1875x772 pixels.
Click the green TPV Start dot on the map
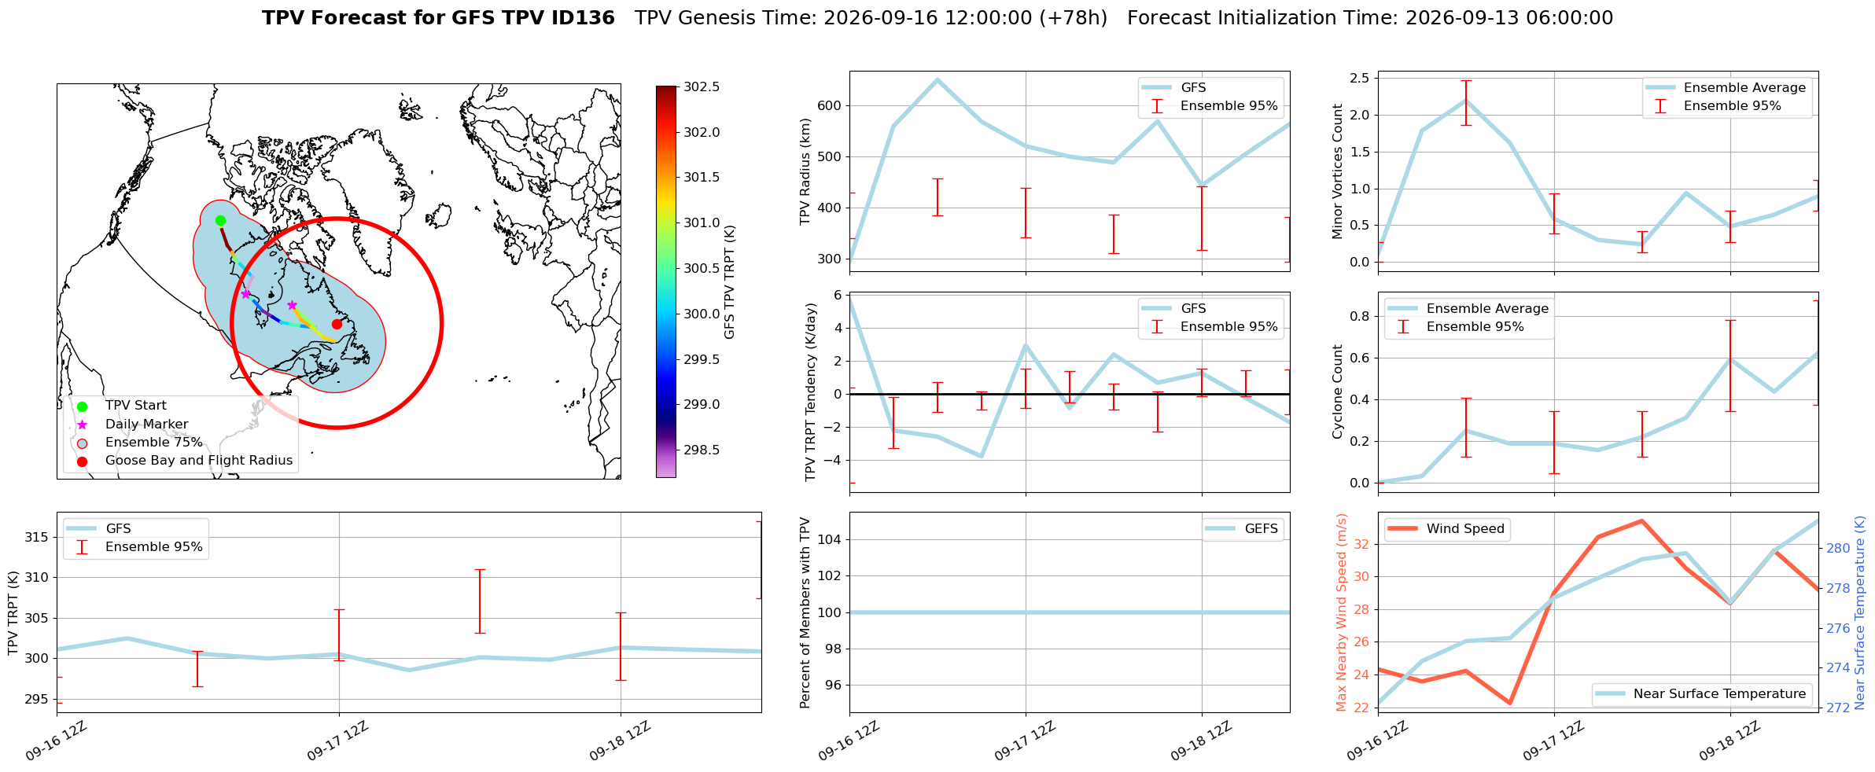pyautogui.click(x=220, y=220)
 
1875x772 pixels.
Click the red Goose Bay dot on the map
pyautogui.click(x=337, y=324)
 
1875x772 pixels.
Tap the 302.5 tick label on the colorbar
pyautogui.click(x=702, y=86)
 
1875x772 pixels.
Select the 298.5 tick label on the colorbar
pyautogui.click(x=702, y=450)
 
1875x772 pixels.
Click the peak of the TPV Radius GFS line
pyautogui.click(x=937, y=79)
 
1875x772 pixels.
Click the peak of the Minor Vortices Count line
pyautogui.click(x=1465, y=100)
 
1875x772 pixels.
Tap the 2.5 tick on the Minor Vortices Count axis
pyautogui.click(x=1360, y=78)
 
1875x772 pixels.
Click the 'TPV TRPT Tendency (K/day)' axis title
pyautogui.click(x=811, y=392)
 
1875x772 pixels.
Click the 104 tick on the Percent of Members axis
pyautogui.click(x=831, y=539)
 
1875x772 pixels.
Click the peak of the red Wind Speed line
pyautogui.click(x=1641, y=520)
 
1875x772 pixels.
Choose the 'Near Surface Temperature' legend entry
pyautogui.click(x=1702, y=694)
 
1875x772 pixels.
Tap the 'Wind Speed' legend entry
pyautogui.click(x=1446, y=529)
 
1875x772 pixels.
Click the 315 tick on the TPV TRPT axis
pyautogui.click(x=37, y=537)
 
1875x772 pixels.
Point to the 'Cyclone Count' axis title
pyautogui.click(x=1338, y=392)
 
